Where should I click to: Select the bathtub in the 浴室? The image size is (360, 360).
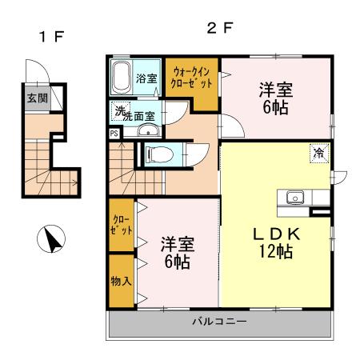coord(122,78)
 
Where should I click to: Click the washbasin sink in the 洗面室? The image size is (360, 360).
coord(143,130)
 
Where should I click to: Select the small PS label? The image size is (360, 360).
coord(114,134)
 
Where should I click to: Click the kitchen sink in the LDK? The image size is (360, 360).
coord(293,196)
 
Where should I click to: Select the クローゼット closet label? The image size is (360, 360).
coord(121,225)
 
